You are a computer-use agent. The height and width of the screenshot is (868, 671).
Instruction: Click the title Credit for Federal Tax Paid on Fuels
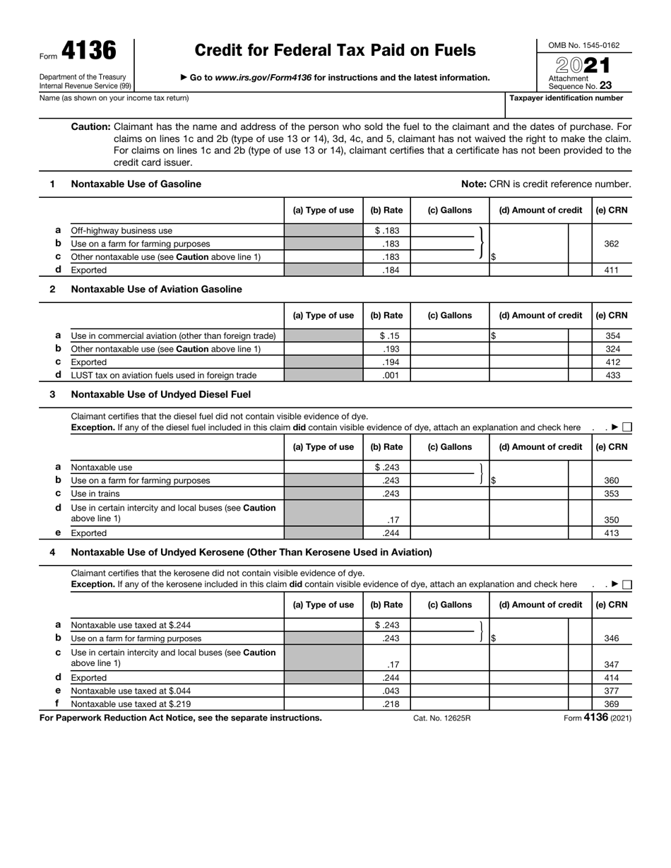[x=335, y=50]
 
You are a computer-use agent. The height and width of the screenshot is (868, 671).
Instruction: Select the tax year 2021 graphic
[x=583, y=65]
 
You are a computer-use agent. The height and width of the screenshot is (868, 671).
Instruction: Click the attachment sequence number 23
[x=605, y=85]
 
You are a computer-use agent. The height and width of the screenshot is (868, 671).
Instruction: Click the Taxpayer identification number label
[x=566, y=98]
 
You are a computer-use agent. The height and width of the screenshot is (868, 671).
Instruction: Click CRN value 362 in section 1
[x=612, y=244]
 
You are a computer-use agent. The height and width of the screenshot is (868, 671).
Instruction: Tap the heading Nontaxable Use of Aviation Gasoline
[x=156, y=289]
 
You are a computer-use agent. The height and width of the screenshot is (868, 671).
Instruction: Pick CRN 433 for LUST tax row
[x=612, y=375]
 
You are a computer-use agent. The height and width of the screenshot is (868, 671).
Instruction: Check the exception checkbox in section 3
[x=627, y=427]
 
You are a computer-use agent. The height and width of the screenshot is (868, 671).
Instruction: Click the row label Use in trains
[x=95, y=494]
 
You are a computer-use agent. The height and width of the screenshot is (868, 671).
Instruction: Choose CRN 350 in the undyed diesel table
[x=612, y=520]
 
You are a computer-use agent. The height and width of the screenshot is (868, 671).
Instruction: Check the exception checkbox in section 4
[x=627, y=584]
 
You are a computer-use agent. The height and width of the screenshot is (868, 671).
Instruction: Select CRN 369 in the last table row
[x=612, y=703]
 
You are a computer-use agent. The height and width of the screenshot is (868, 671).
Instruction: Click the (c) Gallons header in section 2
[x=450, y=315]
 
